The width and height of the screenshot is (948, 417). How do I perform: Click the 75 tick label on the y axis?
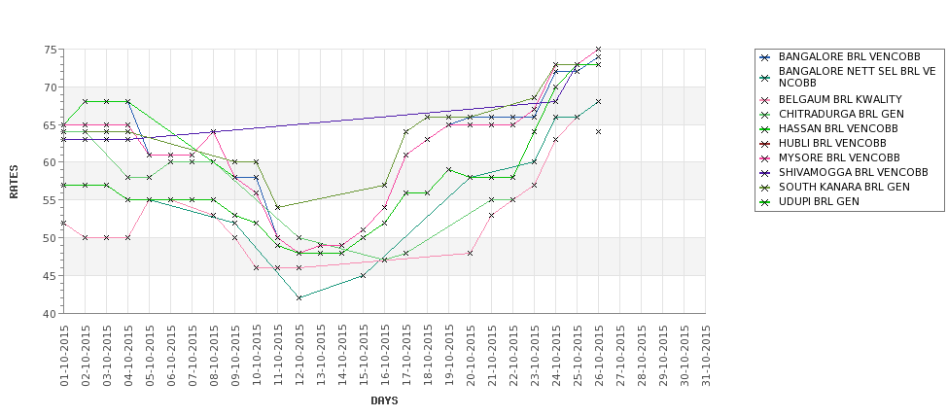click(x=49, y=50)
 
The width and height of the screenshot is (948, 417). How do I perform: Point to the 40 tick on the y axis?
click(x=49, y=314)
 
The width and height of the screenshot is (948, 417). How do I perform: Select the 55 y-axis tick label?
click(x=49, y=200)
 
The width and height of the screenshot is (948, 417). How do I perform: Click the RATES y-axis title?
click(x=15, y=181)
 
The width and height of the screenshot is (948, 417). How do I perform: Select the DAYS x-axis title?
click(x=384, y=400)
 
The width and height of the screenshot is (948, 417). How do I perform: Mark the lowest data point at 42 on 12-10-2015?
click(x=299, y=297)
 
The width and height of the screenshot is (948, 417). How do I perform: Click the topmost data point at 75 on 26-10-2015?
click(x=598, y=49)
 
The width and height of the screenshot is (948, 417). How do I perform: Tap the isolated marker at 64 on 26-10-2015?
click(x=598, y=132)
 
